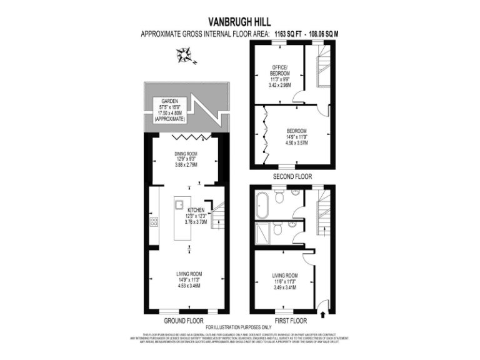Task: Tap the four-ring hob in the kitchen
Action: pos(154,221)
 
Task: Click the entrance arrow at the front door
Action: pos(323,305)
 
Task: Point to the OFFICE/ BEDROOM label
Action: pos(278,70)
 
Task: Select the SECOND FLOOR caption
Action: pos(292,177)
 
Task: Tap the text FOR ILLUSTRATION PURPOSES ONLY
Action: pos(240,327)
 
